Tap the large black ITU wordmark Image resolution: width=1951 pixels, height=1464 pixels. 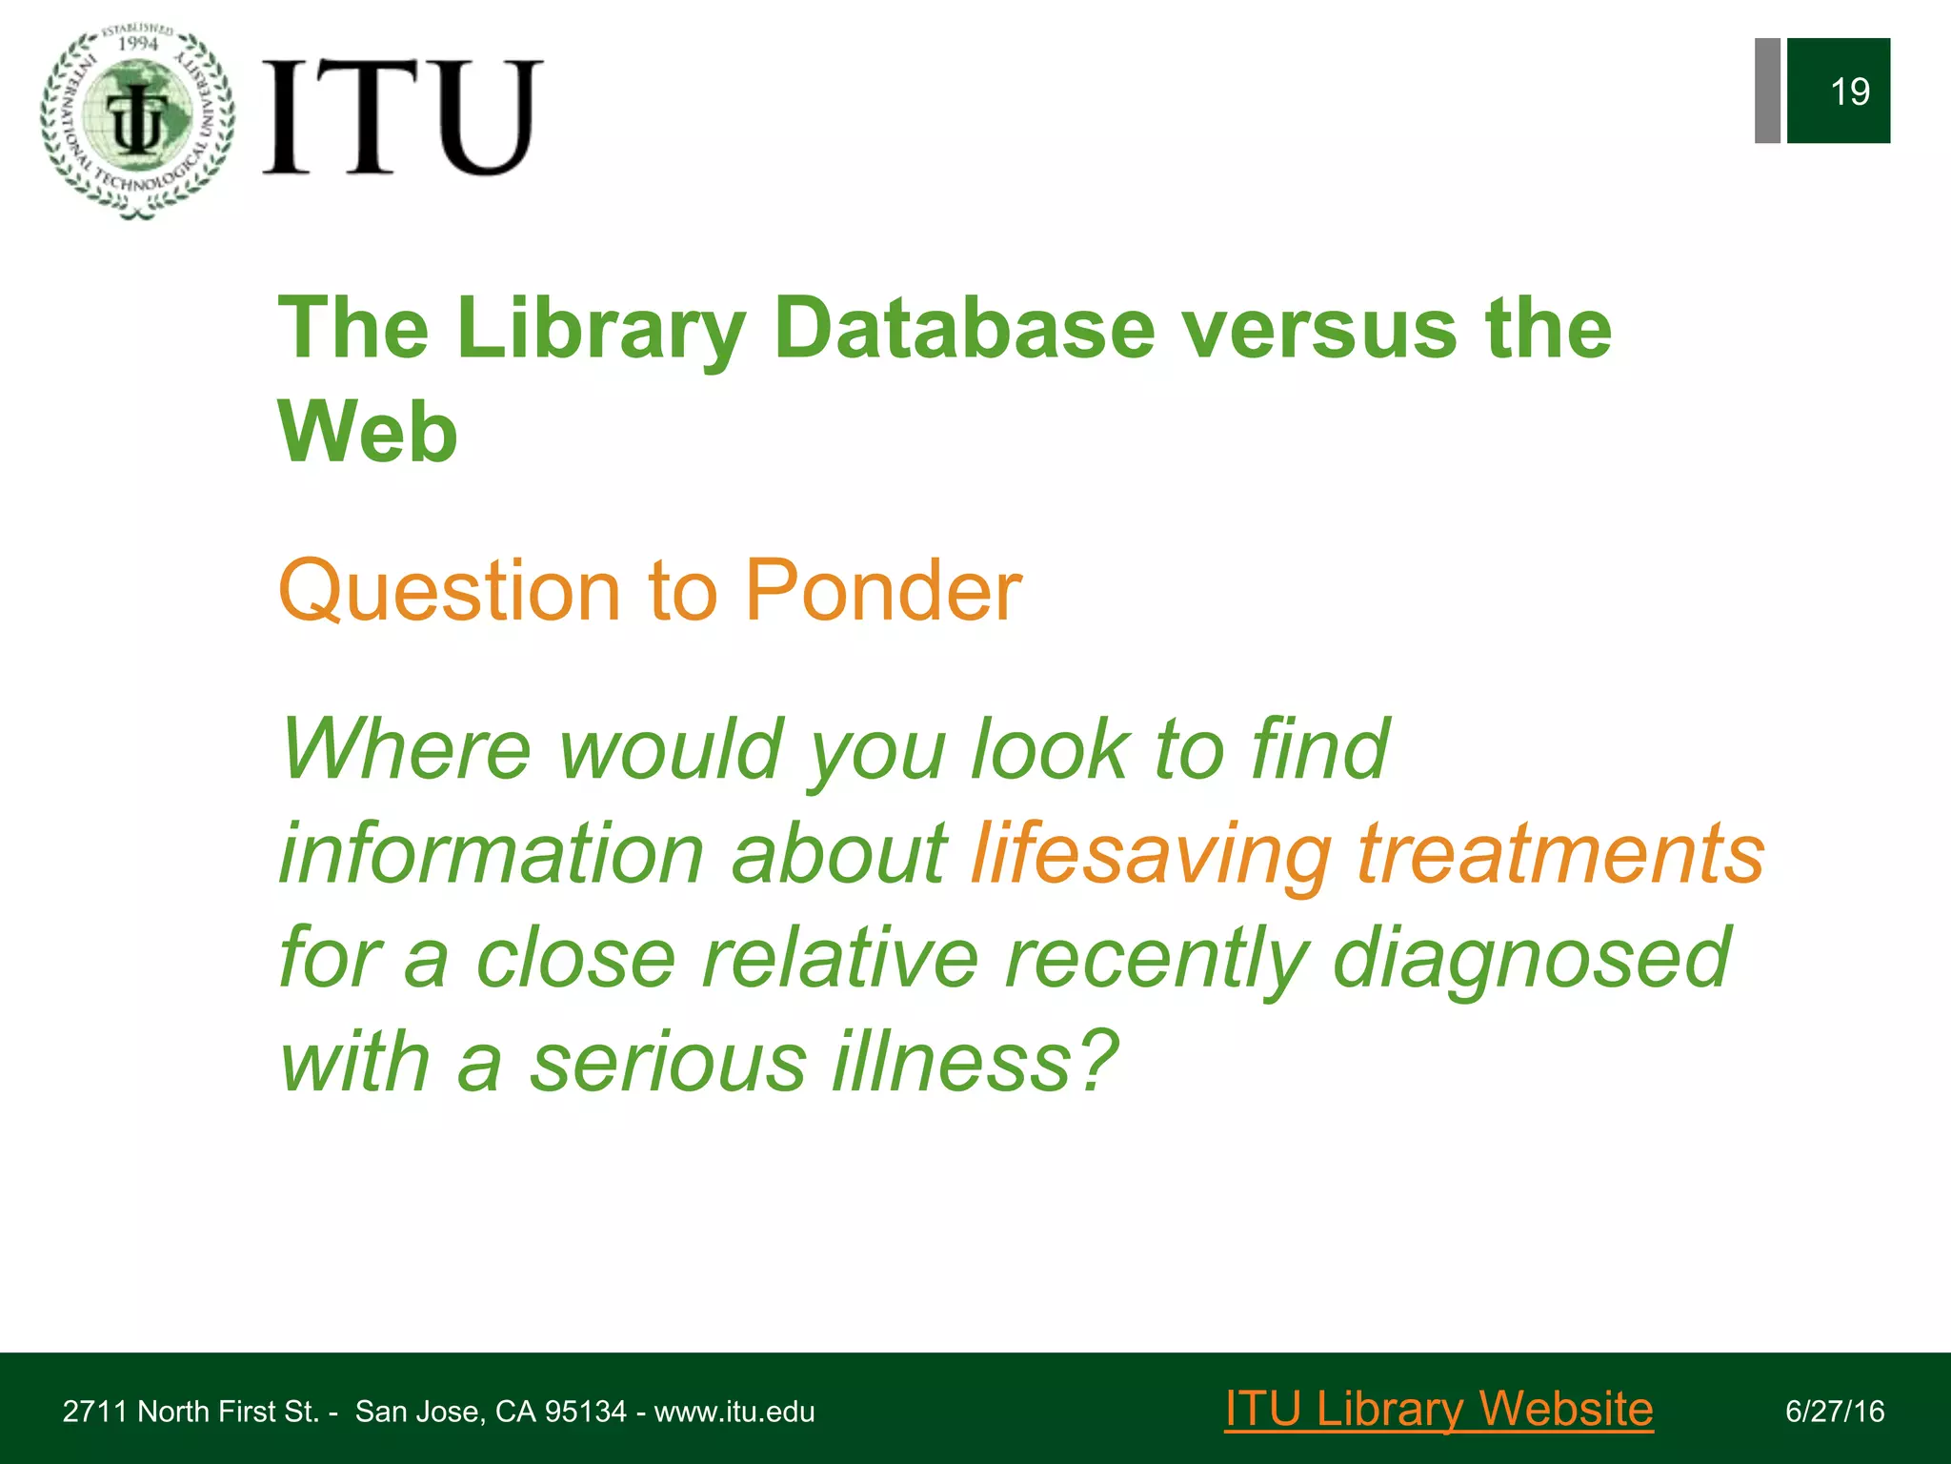point(402,116)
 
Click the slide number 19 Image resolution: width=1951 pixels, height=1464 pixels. point(1849,92)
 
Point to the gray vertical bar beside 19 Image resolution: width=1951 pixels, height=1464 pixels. point(1767,91)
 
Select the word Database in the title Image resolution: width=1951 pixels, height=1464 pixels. point(964,329)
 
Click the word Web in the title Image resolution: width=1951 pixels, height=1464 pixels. point(368,432)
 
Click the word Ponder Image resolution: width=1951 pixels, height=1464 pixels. point(882,591)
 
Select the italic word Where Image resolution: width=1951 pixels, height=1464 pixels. point(406,749)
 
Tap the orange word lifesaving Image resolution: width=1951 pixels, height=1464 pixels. point(1151,854)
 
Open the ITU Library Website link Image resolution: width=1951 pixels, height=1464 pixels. point(1438,1409)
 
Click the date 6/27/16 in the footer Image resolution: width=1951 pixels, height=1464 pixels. point(1835,1412)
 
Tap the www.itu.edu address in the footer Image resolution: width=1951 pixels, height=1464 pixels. point(734,1412)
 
